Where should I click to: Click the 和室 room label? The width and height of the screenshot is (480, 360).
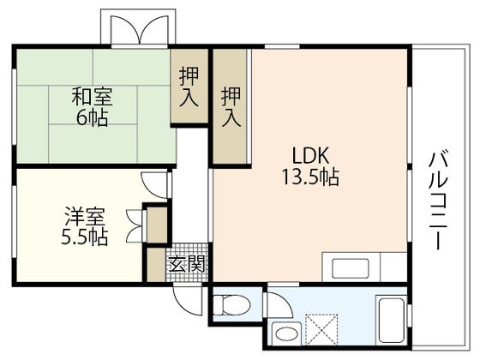(x=93, y=96)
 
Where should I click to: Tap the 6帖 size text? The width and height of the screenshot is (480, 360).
(x=92, y=117)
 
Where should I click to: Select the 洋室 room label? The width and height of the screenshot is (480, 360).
(x=85, y=216)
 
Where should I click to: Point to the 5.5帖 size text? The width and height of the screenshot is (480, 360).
(x=85, y=237)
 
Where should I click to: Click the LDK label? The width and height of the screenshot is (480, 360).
(x=310, y=155)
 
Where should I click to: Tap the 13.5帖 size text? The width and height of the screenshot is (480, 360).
(x=310, y=177)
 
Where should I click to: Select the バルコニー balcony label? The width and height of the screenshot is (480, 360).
(x=439, y=201)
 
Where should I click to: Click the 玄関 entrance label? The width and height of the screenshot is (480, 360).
(x=187, y=264)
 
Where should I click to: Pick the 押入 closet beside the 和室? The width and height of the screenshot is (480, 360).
(x=189, y=87)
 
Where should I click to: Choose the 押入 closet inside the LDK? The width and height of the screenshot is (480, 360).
(x=231, y=106)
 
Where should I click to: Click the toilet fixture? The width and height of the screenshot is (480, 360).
(x=231, y=305)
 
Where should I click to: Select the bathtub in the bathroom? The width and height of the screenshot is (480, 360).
(x=391, y=321)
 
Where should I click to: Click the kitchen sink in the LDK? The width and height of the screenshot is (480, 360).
(x=351, y=268)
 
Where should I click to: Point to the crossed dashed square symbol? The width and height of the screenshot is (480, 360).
(x=321, y=330)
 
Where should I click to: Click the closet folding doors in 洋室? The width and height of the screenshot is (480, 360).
(x=134, y=225)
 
